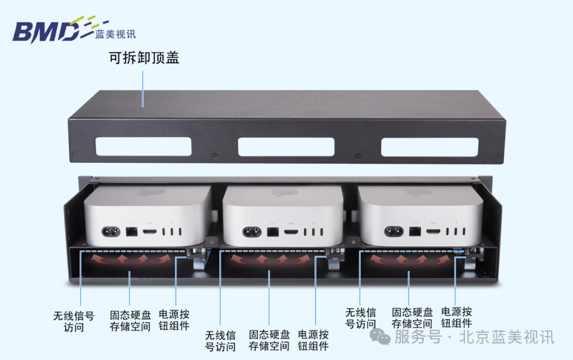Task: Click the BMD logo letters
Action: [x=45, y=32]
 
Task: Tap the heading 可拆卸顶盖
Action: [x=144, y=58]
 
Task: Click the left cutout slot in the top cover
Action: [x=143, y=147]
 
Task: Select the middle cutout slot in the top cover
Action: [x=286, y=147]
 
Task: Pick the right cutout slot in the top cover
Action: [x=429, y=147]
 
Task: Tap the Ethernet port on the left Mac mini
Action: [x=131, y=232]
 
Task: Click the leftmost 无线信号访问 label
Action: [x=74, y=321]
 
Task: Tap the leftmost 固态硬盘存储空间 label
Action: [x=130, y=320]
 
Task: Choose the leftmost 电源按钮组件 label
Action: [x=174, y=320]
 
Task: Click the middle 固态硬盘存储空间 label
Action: [x=270, y=340]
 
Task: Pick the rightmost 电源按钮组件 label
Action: [x=456, y=317]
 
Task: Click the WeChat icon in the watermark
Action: [x=380, y=336]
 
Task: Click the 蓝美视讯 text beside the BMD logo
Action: [x=116, y=34]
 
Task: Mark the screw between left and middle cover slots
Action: [x=214, y=157]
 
